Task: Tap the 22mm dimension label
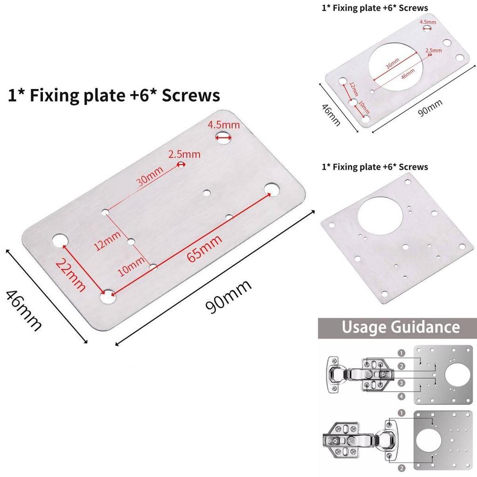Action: tap(70, 275)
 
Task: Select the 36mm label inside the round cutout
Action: tap(392, 64)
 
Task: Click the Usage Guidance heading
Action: tap(400, 327)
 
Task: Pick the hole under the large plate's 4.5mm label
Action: tap(224, 136)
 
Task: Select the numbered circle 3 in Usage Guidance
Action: tap(402, 383)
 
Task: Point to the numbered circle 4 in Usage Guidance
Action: tap(402, 396)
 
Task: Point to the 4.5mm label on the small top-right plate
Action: tap(428, 22)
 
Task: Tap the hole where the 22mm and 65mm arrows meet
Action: tap(109, 295)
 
